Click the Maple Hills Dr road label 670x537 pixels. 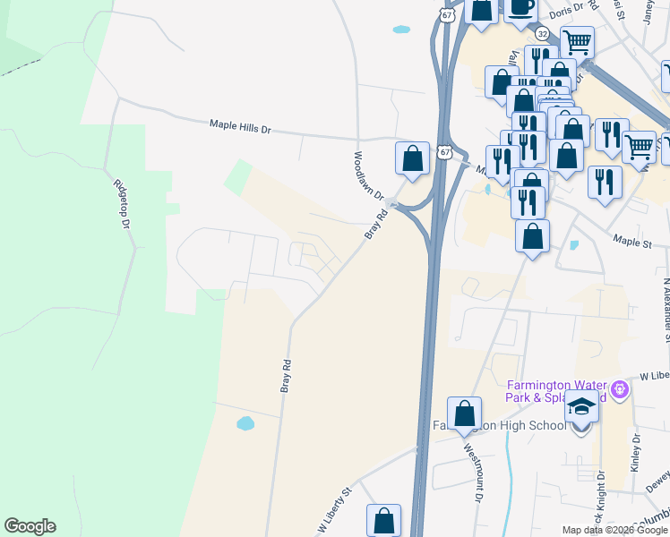coord(239,127)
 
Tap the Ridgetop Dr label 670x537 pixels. coord(122,204)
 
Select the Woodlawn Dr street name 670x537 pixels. coord(367,175)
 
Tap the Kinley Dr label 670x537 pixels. coord(636,454)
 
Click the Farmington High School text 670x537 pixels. coord(499,425)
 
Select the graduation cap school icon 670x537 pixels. coord(582,409)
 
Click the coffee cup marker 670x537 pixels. coord(520,8)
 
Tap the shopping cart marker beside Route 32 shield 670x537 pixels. coord(577,40)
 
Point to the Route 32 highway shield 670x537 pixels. coord(542,33)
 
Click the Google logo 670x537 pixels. coord(30,526)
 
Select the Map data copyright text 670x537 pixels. coord(614,530)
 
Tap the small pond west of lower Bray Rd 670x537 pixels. coord(245,422)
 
